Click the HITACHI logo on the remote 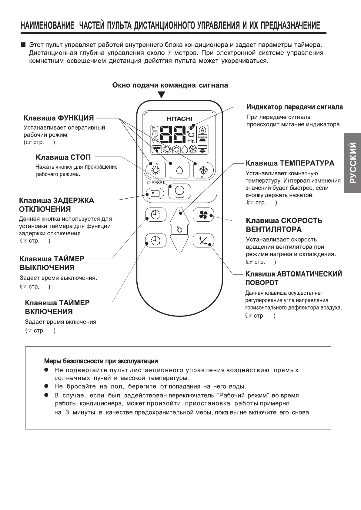179,119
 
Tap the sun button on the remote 155,170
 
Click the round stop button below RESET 179,191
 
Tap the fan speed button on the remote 203,215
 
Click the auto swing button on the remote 203,241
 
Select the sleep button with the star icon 155,193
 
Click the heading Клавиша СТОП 63,157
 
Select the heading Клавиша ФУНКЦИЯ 59,118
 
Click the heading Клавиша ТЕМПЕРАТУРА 290,163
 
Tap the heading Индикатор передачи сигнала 294,107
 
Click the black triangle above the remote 162,95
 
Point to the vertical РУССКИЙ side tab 353,163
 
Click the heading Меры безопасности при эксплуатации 101,361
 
